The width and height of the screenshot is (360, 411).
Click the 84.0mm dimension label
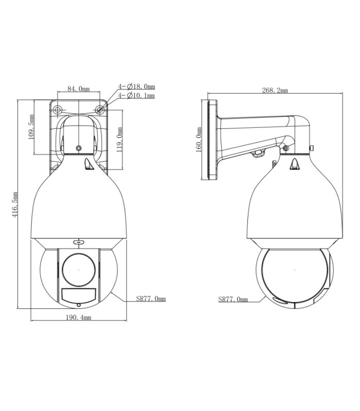point(79,89)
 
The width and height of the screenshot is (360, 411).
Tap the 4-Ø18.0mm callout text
point(136,86)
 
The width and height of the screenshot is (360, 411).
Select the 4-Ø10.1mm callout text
point(136,96)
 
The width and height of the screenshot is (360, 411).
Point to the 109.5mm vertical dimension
point(31,127)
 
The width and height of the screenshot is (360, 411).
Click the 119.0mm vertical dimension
point(119,140)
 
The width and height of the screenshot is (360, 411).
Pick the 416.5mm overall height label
point(15,204)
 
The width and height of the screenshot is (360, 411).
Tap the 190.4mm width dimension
point(79,317)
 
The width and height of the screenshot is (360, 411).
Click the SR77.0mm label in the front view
point(151,298)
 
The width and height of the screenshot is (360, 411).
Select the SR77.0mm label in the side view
point(233,299)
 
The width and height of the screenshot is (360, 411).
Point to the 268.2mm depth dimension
point(275,90)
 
